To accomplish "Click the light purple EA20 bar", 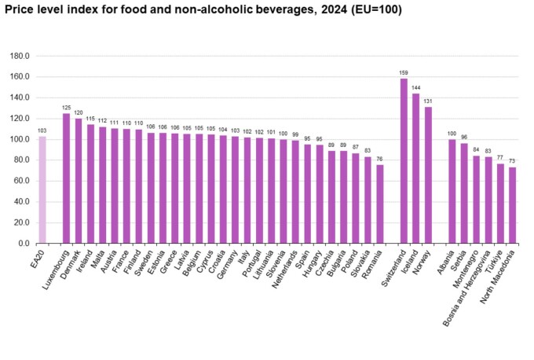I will pos(42,189).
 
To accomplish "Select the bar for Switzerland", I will pos(404,161).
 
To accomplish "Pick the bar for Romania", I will pos(379,204).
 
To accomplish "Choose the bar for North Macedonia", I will pos(512,205).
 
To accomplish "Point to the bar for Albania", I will pos(452,191).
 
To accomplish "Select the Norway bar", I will pos(428,175).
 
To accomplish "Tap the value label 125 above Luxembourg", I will pos(67,108).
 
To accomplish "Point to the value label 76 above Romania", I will pos(379,160).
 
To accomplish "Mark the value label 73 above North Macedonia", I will pos(512,162).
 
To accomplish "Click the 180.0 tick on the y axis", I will pos(19,57).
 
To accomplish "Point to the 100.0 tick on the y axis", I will pos(19,139).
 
